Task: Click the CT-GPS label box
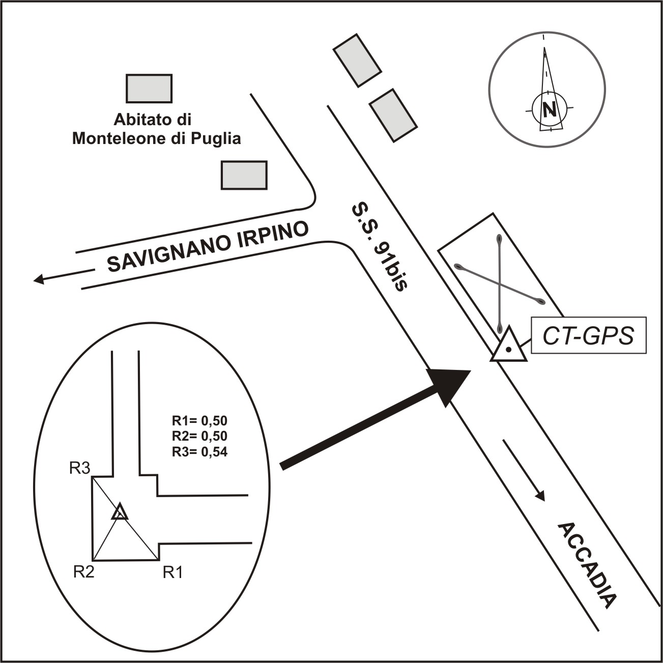pyautogui.click(x=589, y=335)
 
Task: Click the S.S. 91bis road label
pyautogui.click(x=379, y=247)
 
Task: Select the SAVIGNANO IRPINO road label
pyautogui.click(x=208, y=246)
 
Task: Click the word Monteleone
pyautogui.click(x=118, y=139)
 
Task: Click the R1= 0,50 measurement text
pyautogui.click(x=199, y=420)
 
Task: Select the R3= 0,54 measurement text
pyautogui.click(x=199, y=451)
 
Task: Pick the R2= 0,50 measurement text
pyautogui.click(x=199, y=436)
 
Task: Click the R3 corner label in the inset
pyautogui.click(x=80, y=468)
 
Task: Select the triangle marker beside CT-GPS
pyautogui.click(x=508, y=345)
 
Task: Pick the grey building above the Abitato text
pyautogui.click(x=149, y=89)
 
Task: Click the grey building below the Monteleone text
pyautogui.click(x=244, y=175)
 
